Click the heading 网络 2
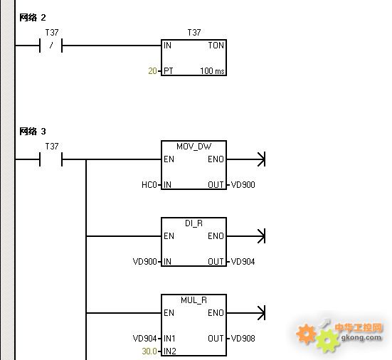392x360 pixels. point(33,18)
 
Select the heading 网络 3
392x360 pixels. point(33,131)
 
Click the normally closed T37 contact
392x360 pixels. point(51,46)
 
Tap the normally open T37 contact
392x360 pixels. point(51,159)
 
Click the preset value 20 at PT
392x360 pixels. point(152,71)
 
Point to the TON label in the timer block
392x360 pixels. point(216,46)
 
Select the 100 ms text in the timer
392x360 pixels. point(212,71)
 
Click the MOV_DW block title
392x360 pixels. point(194,147)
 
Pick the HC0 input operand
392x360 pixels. point(149,185)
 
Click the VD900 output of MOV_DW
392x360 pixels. point(243,185)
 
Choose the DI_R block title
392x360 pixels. point(194,223)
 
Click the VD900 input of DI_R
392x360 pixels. point(145,262)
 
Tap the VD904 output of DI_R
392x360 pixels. point(243,262)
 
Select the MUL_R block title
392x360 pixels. point(194,300)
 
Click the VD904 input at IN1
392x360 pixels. point(145,338)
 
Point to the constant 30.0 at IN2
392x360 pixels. point(149,351)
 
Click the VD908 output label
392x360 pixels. point(243,338)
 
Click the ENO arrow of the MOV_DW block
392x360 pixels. point(245,159)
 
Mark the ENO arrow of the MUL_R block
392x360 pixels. point(245,313)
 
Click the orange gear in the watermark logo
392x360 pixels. point(306,334)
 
